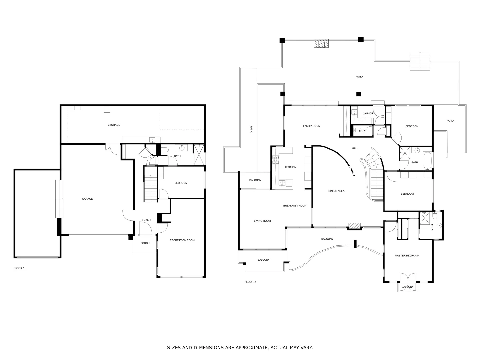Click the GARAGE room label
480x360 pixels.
click(x=87, y=199)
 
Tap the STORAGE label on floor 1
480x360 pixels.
click(x=114, y=125)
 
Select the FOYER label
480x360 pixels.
click(x=146, y=220)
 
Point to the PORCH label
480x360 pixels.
click(x=145, y=243)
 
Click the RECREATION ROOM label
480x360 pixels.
click(x=182, y=240)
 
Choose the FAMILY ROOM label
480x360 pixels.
click(x=312, y=126)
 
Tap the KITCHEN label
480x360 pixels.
click(x=290, y=167)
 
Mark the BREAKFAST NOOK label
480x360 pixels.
click(x=295, y=206)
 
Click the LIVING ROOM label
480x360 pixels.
click(x=262, y=221)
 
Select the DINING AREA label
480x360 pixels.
click(x=336, y=191)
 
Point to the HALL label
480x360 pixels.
click(x=355, y=148)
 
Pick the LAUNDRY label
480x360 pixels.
click(x=369, y=114)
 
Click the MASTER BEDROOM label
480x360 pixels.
click(x=407, y=256)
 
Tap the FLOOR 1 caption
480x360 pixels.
click(x=19, y=268)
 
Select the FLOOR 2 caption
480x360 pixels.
click(x=250, y=282)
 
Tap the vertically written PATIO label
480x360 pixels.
click(x=251, y=130)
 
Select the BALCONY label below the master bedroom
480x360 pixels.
click(x=407, y=287)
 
